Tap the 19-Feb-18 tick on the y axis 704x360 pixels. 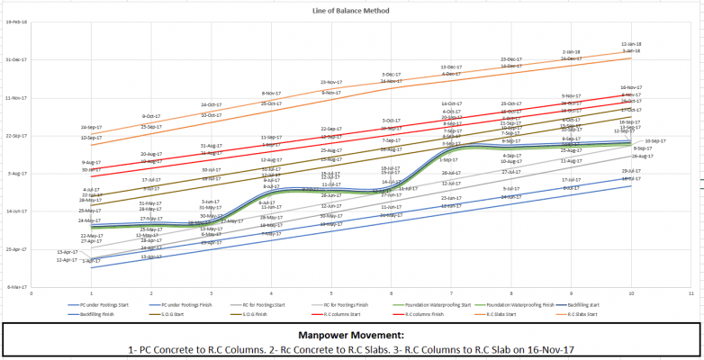coord(17,22)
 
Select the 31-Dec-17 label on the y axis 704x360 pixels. coord(17,59)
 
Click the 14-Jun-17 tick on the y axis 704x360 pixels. coord(17,211)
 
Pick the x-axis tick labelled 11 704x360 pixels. coord(690,292)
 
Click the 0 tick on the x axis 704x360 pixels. coord(32,292)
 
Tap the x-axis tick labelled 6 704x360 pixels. coord(391,292)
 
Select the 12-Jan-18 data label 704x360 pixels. coord(631,44)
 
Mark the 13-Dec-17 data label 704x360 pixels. coord(451,67)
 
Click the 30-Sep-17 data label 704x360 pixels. coord(654,141)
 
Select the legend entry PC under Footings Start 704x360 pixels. coord(101,304)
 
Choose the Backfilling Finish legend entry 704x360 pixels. coord(95,314)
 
